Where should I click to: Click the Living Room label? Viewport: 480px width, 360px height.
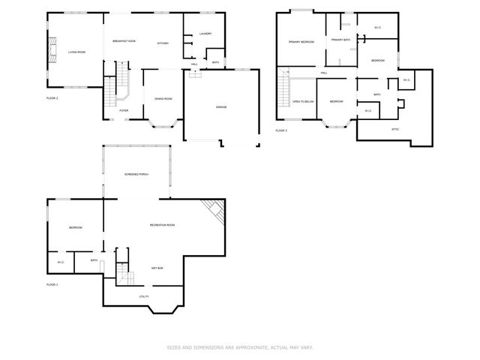point(76,52)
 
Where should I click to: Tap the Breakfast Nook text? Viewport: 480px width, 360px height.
point(124,40)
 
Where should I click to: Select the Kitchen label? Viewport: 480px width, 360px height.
point(163,43)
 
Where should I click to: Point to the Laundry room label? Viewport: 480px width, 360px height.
point(206,34)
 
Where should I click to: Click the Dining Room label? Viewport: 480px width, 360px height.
point(163,99)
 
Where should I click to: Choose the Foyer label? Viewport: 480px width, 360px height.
point(124,110)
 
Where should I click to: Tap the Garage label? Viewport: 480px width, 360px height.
point(221,107)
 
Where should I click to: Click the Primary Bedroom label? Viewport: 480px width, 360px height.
point(301,42)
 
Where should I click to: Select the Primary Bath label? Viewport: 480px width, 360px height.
point(341,40)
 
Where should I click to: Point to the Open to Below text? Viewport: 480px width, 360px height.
point(303,101)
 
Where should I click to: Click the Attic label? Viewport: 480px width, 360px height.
point(395,129)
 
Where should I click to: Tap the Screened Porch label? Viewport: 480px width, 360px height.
point(136,174)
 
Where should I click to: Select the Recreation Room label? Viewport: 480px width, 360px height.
point(162,225)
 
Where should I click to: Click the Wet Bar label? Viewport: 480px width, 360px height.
point(157,268)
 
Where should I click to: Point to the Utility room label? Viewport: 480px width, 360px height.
point(143,296)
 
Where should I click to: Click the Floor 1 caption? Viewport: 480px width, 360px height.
point(52,285)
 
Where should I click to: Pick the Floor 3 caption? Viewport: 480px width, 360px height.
point(280,130)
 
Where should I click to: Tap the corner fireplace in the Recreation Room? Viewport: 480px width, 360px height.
point(215,210)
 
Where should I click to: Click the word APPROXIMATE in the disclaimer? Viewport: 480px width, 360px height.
point(238,348)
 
